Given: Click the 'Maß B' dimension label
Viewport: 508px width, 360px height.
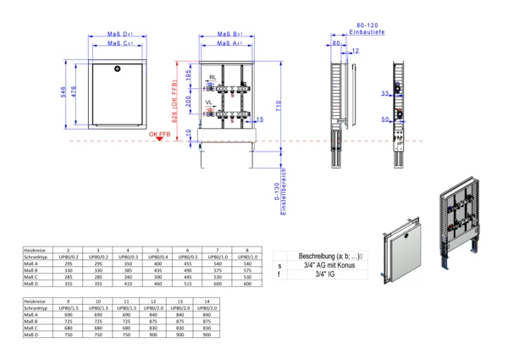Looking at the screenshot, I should coord(227,34).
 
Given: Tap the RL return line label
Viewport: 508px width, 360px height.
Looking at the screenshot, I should coord(213,76).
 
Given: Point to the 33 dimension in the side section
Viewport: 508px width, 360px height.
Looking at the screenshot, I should coord(383,93).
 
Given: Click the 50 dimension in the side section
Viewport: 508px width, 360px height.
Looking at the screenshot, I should coord(383,119).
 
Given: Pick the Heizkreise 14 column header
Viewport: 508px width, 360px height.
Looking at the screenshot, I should coord(206,301).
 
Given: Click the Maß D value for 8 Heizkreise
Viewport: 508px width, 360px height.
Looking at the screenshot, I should coord(247,285).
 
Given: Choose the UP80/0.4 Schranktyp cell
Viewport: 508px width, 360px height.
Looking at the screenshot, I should coord(157,258).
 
